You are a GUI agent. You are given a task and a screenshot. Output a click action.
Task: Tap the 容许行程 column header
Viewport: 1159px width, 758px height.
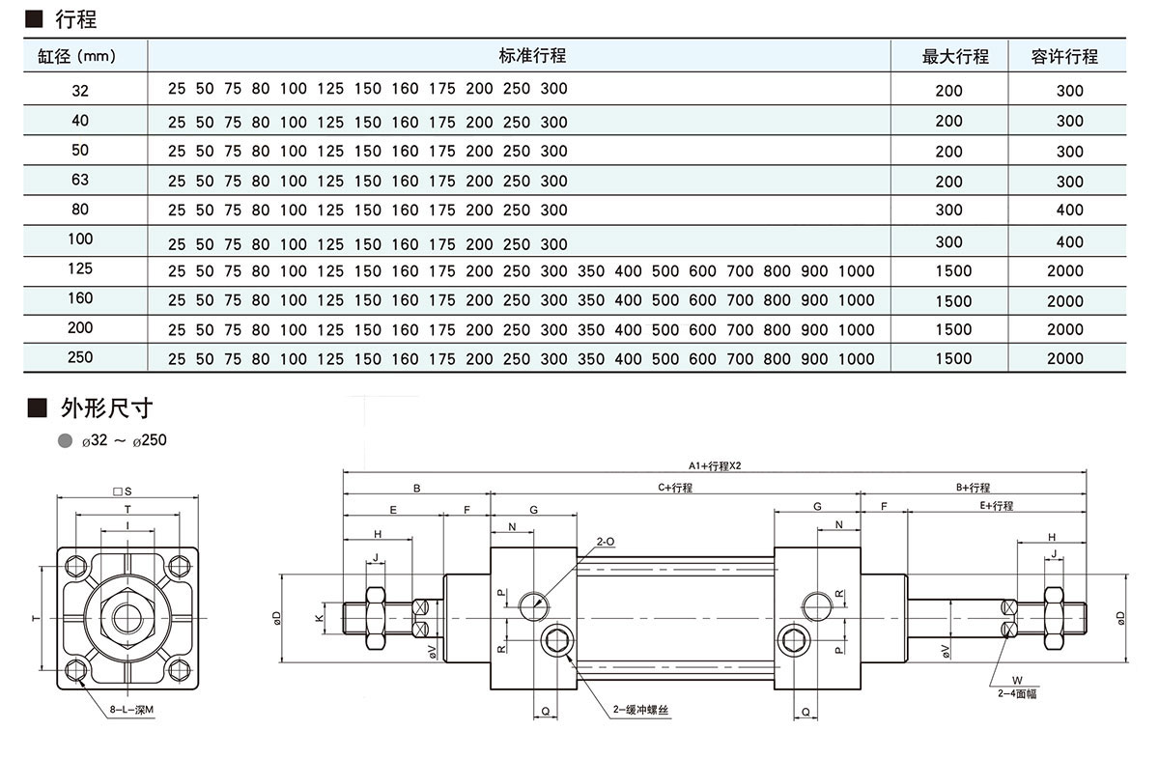(1064, 56)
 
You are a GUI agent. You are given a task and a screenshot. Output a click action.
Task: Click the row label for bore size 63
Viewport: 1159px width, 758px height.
(80, 180)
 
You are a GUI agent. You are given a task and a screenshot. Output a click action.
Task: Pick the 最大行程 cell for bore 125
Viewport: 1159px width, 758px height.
(953, 271)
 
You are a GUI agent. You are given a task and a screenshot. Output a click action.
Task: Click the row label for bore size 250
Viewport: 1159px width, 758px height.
(80, 357)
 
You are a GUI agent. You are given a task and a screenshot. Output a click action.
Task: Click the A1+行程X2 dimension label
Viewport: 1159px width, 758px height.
(715, 465)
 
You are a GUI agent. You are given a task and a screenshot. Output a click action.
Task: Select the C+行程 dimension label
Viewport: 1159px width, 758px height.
(675, 488)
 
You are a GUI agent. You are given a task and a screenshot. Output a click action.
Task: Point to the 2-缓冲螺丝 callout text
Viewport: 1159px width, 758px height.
(641, 709)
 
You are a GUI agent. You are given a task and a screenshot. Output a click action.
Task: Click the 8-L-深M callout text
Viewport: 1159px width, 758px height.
(132, 709)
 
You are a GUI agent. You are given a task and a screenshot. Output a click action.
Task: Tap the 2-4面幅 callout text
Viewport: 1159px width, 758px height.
(1017, 693)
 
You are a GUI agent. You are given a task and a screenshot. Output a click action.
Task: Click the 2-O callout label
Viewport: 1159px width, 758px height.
(606, 543)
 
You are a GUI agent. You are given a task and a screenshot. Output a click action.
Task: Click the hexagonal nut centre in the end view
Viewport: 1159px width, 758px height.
(127, 618)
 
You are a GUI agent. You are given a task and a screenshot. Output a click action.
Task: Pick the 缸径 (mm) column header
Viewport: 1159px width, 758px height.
(76, 56)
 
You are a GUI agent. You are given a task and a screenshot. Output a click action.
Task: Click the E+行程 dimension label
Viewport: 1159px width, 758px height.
(995, 506)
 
